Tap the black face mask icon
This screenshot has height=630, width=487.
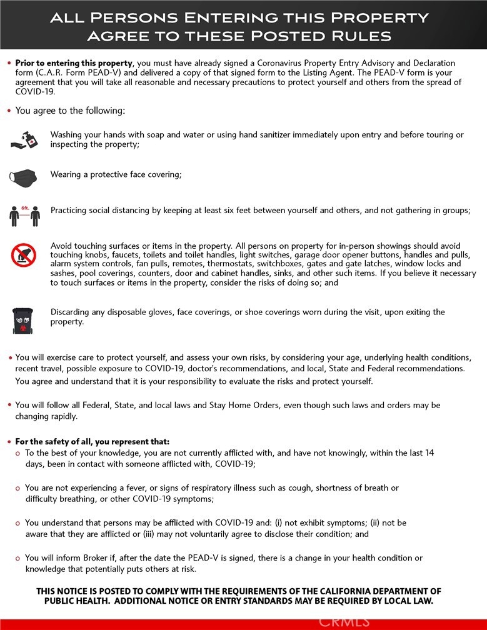(23, 177)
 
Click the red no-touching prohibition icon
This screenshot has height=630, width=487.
(24, 255)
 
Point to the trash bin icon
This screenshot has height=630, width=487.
(23, 319)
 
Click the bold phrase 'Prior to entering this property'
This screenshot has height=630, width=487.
(74, 64)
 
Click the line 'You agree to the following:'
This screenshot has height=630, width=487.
(70, 111)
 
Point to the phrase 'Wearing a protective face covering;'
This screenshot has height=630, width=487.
(116, 174)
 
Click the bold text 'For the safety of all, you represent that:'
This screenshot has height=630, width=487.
(92, 442)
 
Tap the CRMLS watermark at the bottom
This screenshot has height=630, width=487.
(344, 621)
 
